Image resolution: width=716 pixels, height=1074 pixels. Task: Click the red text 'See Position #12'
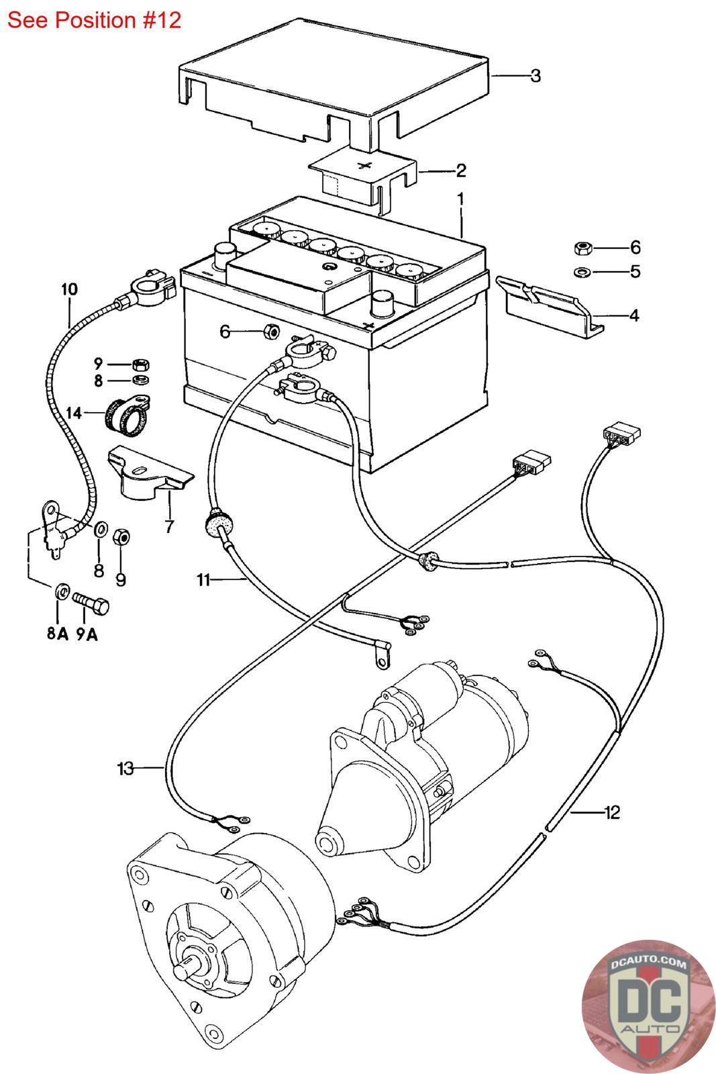point(94,19)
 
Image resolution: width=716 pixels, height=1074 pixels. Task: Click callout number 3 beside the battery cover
point(535,76)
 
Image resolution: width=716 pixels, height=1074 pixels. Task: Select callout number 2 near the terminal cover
point(461,170)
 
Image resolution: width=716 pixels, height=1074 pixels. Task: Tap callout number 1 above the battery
point(461,199)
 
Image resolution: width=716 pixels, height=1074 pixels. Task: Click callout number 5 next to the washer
point(635,272)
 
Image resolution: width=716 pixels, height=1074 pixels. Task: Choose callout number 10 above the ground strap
point(69,289)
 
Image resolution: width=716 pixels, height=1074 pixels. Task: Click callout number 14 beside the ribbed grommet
point(74,412)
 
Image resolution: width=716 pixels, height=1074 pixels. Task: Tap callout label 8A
point(58,633)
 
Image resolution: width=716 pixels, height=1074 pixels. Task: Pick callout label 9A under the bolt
point(87,633)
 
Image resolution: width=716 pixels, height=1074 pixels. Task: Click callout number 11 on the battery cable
point(204,579)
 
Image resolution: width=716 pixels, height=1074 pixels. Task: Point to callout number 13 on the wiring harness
point(125,768)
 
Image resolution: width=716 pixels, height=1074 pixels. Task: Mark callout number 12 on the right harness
point(611,812)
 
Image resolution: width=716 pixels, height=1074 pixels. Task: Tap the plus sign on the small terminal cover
point(365,164)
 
